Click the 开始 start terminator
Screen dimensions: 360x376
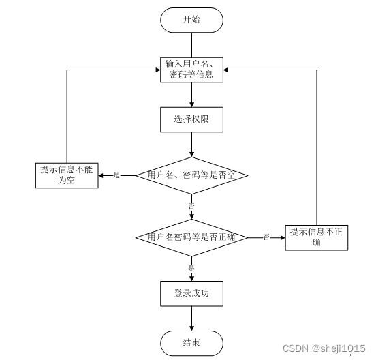point(192,19)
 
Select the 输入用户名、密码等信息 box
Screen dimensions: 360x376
point(191,70)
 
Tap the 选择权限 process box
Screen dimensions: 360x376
point(191,119)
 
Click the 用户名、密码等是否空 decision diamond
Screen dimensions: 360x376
point(191,175)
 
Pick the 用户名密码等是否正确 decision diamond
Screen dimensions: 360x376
point(191,237)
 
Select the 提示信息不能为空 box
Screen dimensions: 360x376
point(67,175)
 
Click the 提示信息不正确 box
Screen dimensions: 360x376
point(317,237)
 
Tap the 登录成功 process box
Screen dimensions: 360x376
point(191,293)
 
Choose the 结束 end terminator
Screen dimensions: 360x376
point(191,342)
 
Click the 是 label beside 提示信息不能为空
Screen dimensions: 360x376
point(116,175)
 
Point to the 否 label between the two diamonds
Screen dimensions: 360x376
point(191,205)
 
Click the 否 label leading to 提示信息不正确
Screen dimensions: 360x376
point(266,237)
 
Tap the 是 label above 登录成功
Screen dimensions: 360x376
point(191,268)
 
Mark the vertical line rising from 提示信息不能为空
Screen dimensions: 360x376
point(67,116)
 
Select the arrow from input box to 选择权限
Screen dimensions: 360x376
point(191,95)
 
